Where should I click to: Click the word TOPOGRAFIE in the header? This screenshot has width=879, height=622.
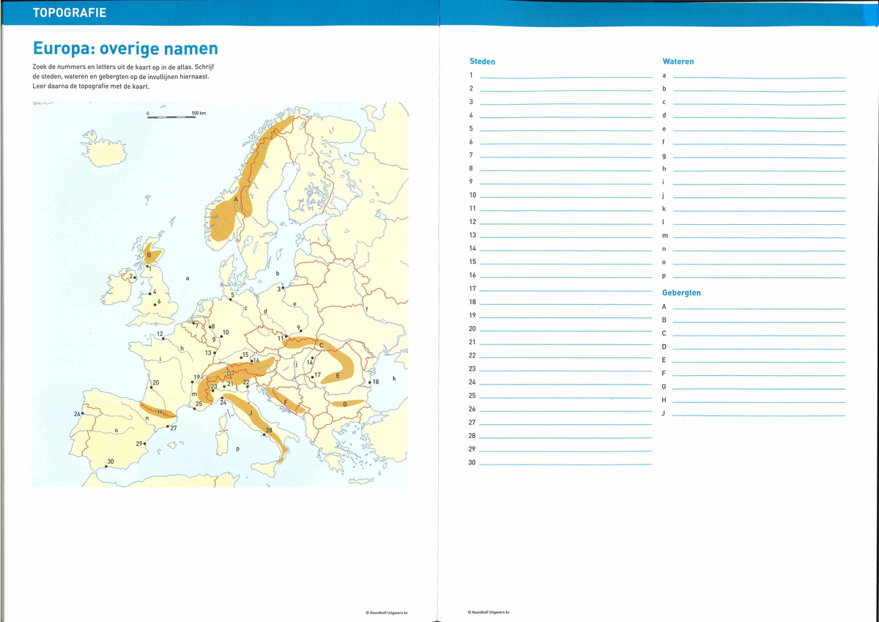(x=70, y=13)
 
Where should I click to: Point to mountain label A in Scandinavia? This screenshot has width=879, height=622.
(x=236, y=199)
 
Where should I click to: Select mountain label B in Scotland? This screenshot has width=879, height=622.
(x=149, y=255)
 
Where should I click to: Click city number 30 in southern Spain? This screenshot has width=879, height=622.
(x=110, y=462)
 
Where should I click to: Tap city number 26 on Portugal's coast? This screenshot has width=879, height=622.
(x=77, y=415)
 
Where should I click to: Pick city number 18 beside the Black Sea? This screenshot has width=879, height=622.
(x=376, y=382)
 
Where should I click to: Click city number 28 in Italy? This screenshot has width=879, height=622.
(x=269, y=430)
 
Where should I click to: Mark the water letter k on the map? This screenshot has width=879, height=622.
(x=394, y=378)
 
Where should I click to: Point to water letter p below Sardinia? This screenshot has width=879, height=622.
(x=237, y=448)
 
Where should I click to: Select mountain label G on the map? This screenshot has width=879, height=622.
(x=344, y=404)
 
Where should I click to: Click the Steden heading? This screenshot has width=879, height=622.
(x=482, y=62)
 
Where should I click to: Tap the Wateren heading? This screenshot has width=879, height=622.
(x=678, y=62)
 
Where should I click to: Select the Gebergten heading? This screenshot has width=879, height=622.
(x=681, y=293)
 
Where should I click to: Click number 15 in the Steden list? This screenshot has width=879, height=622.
(x=472, y=262)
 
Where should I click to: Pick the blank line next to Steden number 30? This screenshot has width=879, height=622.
(x=565, y=463)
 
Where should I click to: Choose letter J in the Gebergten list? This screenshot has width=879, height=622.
(x=664, y=414)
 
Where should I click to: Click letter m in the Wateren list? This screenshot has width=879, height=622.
(x=664, y=235)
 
